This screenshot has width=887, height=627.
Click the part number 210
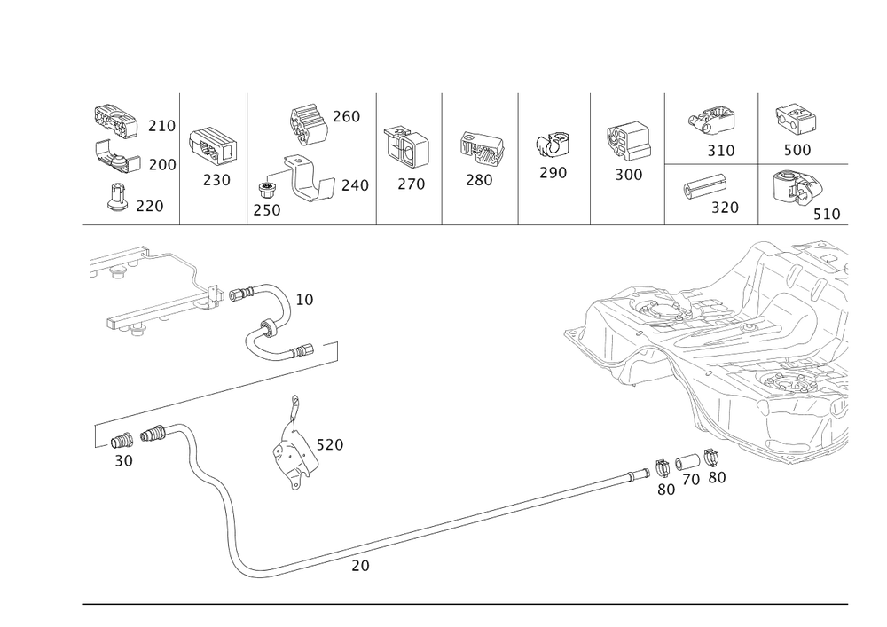161,128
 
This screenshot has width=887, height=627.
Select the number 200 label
162,165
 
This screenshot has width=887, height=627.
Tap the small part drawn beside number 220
116,200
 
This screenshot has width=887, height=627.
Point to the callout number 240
354,186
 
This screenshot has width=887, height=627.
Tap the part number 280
480,180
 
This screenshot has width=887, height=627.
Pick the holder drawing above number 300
628,140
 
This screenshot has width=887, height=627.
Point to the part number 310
721,151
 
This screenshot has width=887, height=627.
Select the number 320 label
725,208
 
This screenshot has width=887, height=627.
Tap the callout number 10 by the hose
304,301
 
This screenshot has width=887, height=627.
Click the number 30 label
123,461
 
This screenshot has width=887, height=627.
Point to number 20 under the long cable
358,565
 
